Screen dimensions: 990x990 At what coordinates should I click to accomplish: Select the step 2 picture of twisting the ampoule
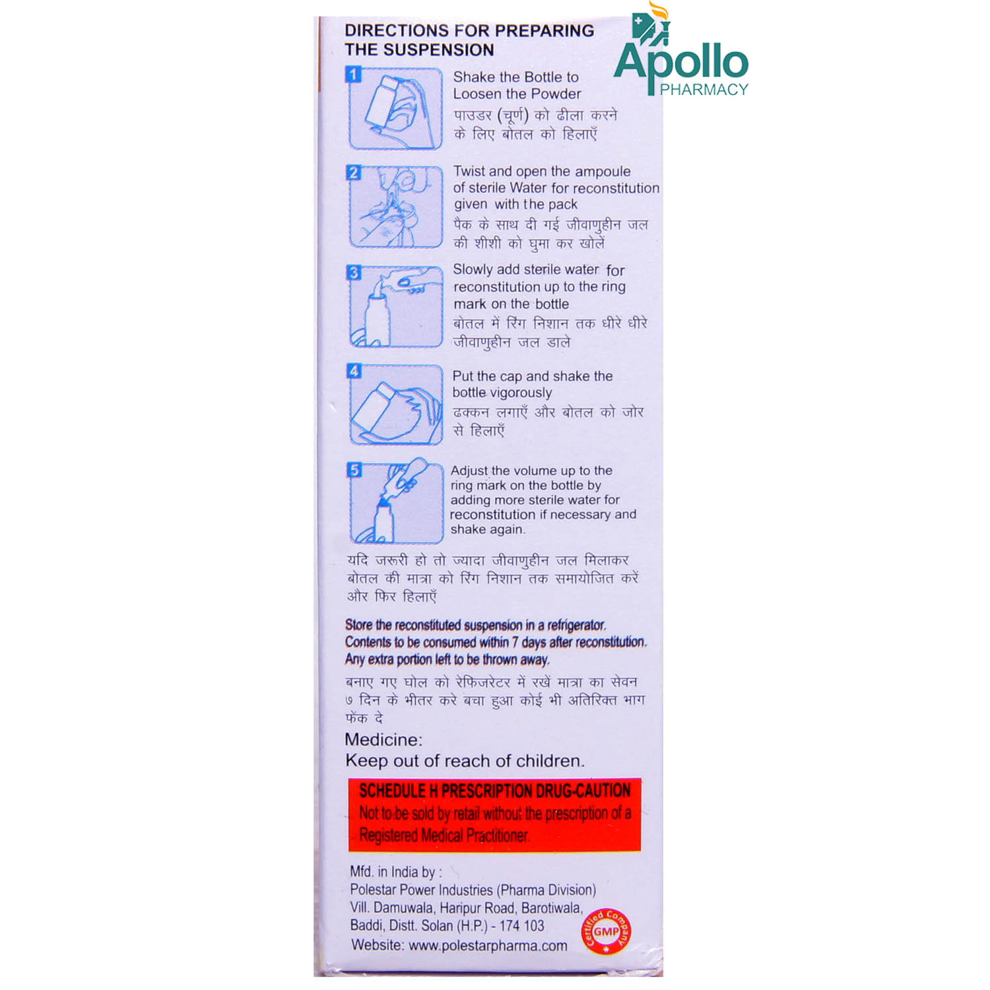tap(395, 207)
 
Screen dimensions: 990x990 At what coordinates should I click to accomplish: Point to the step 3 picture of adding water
tap(395, 306)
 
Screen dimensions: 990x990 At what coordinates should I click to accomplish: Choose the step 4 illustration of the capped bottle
tap(395, 405)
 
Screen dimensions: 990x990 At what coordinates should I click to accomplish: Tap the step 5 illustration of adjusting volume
tap(395, 502)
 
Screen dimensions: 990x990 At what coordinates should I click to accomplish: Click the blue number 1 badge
tap(354, 75)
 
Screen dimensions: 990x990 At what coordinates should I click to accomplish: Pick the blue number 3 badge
tap(354, 273)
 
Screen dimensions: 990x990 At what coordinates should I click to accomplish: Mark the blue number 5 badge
tap(354, 470)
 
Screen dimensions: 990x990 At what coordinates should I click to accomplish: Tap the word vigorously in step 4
tap(521, 393)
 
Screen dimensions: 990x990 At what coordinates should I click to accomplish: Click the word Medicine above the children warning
tap(383, 740)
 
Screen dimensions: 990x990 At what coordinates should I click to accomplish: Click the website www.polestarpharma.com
tap(488, 946)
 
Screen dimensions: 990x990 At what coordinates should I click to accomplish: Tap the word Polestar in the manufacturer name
tap(376, 890)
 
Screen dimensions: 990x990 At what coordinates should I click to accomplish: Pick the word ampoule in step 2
tap(603, 172)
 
